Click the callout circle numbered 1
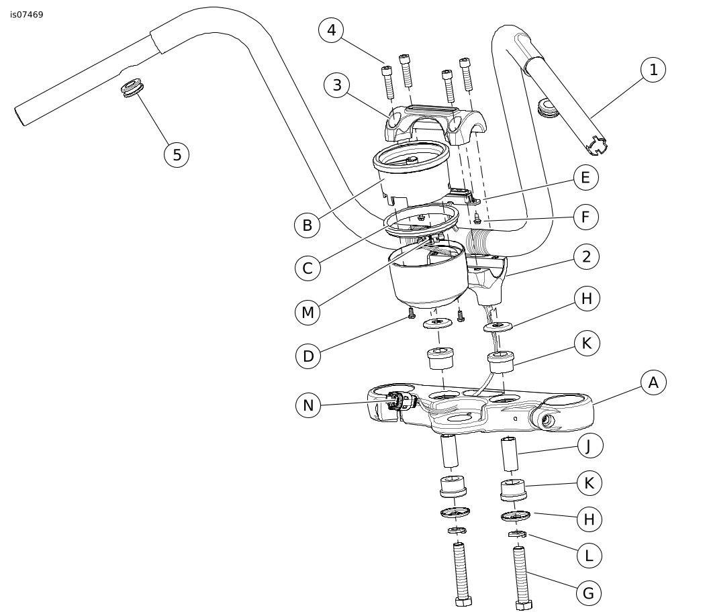pos(653,69)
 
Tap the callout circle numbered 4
pos(331,30)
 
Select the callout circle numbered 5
pos(177,154)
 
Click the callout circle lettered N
pos(308,405)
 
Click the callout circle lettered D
pos(308,356)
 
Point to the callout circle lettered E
pos(586,177)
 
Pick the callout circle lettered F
pos(586,217)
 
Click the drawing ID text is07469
pos(27,14)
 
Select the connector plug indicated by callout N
pos(398,402)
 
